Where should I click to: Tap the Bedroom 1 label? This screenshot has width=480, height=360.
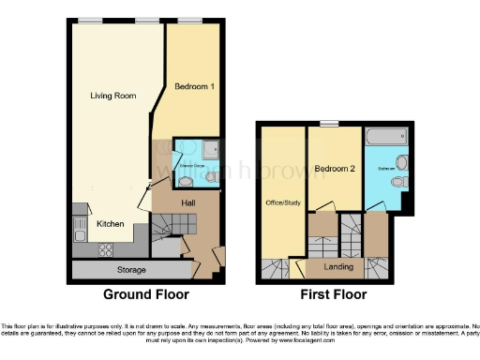tap(195, 86)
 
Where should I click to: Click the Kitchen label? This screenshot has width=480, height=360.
tap(112, 224)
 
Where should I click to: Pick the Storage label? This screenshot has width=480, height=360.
tap(131, 270)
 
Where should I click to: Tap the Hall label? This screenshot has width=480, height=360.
tap(187, 202)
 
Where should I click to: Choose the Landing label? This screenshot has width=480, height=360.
tap(337, 267)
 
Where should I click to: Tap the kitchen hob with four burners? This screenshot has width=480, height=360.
tap(105, 248)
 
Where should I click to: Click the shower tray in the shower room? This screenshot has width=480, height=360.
tap(210, 147)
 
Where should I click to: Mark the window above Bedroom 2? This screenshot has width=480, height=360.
tap(328, 124)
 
